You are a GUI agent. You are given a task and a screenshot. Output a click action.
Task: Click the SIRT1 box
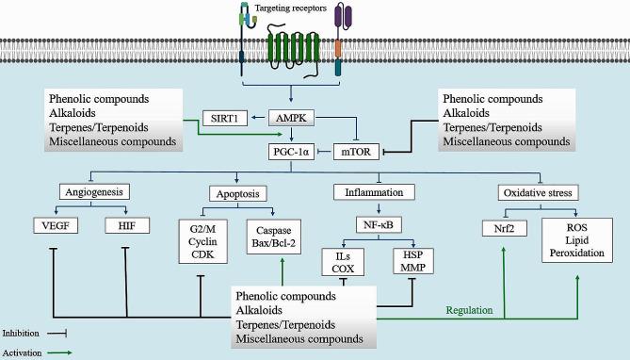pos(227,119)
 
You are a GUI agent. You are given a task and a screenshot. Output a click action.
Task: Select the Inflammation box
pos(377,191)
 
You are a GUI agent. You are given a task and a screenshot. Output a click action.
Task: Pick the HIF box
pos(126,227)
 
